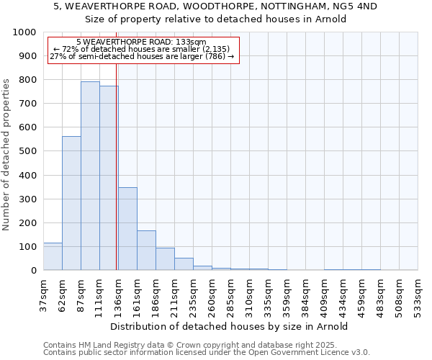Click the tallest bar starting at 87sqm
point(90,176)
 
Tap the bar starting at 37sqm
point(53,256)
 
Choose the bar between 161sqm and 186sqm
point(146,250)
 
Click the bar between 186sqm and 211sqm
point(165,258)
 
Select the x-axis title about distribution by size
point(230,326)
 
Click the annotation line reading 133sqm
point(141,42)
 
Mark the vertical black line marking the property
point(116,180)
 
